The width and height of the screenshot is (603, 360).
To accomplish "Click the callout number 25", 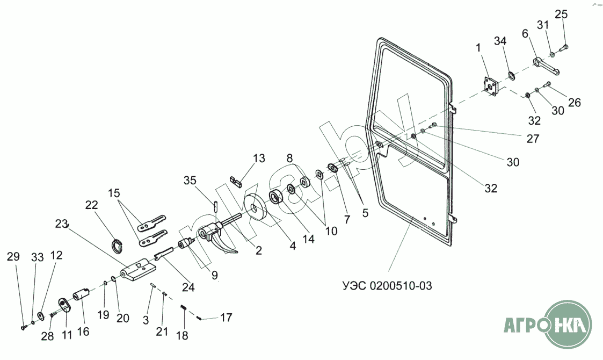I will tap(561, 14).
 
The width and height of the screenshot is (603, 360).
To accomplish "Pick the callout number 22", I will tap(92, 205).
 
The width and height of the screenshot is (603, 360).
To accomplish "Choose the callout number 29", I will tap(13, 257).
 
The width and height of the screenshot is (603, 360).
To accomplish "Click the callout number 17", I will tap(226, 317).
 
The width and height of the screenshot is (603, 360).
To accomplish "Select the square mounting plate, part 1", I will tap(490, 88).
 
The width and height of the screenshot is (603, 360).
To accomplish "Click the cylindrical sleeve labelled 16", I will tap(81, 294).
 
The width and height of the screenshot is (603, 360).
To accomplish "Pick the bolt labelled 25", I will tap(563, 49).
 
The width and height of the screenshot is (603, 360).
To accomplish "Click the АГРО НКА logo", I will tap(547, 325).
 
